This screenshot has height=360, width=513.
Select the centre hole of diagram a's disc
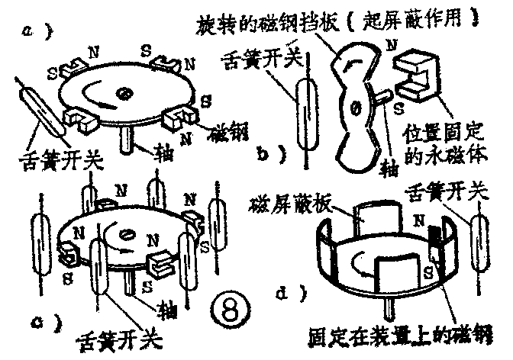click(123, 94)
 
